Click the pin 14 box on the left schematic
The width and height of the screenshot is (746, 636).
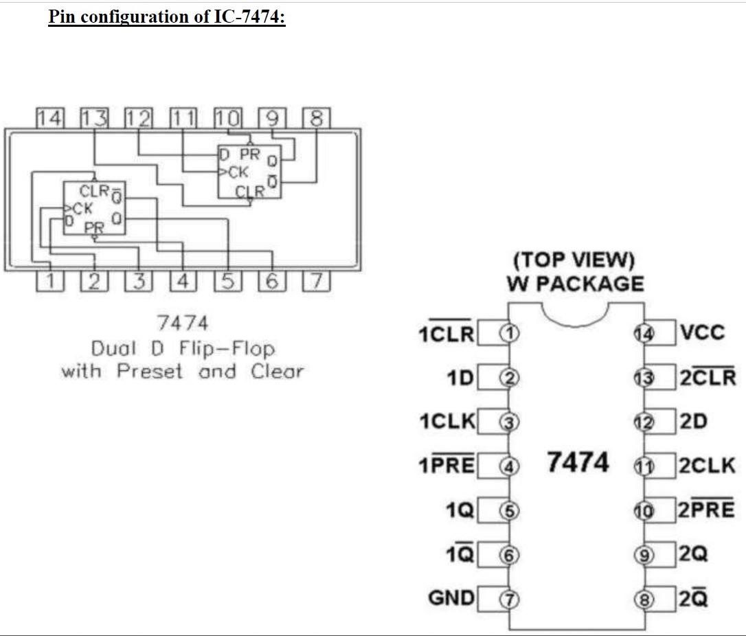[x=49, y=118]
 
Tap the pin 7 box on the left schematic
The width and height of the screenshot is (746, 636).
[x=316, y=282]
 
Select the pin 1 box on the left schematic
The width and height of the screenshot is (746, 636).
[x=49, y=282]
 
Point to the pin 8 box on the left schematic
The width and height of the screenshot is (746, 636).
[x=316, y=118]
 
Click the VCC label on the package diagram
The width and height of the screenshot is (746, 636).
[x=702, y=333]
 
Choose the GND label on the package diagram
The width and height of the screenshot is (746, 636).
[x=451, y=598]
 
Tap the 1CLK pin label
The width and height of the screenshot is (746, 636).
[x=447, y=422]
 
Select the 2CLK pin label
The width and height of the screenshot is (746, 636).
[x=708, y=466]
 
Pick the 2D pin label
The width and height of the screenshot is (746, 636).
[x=693, y=422]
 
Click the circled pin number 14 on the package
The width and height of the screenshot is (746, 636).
[x=644, y=334]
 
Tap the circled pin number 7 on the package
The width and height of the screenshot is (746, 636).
[x=509, y=599]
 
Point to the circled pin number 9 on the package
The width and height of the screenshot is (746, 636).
[x=644, y=555]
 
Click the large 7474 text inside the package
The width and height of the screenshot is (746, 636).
[x=578, y=462]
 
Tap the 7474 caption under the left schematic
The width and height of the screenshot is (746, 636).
[x=182, y=323]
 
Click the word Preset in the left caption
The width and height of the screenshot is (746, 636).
[x=150, y=372]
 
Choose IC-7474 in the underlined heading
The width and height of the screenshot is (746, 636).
[x=249, y=17]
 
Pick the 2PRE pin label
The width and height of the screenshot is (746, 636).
[x=707, y=510]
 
